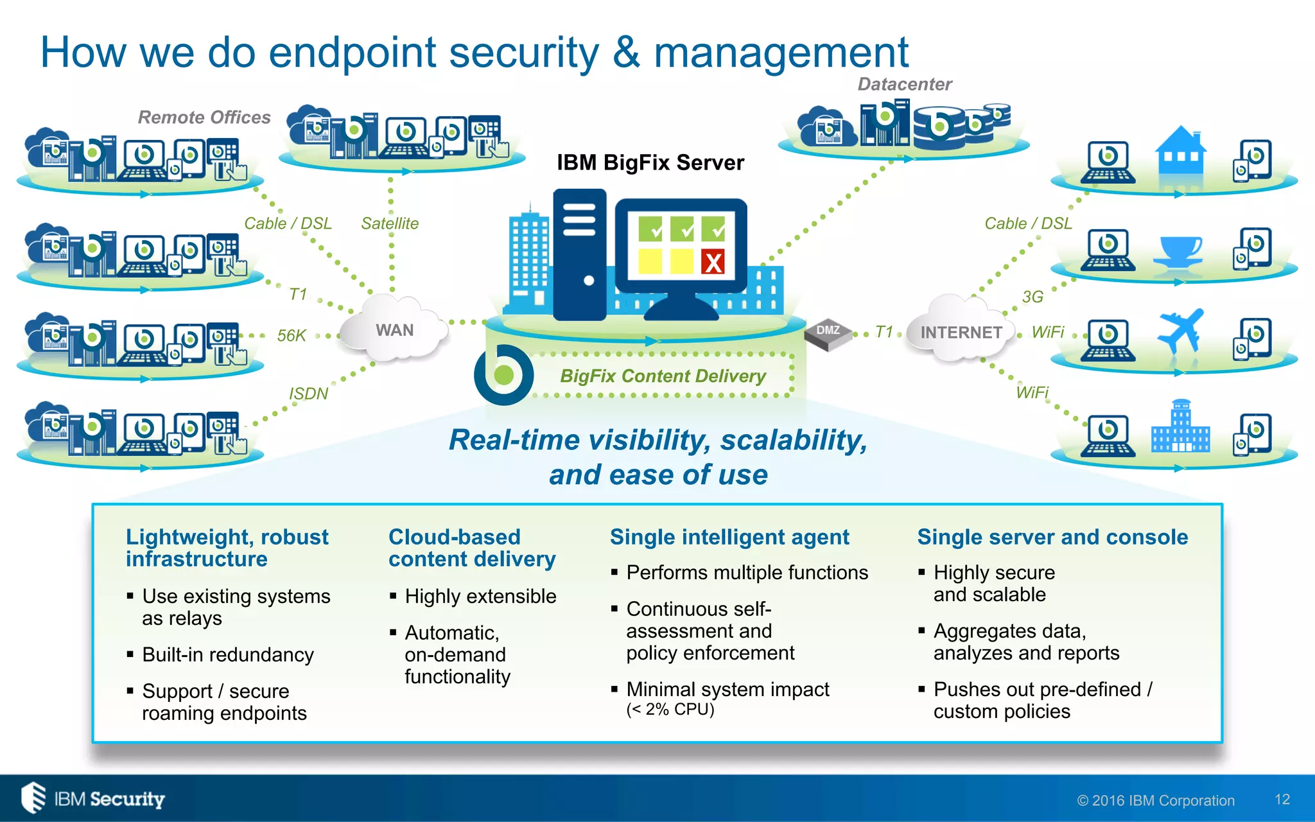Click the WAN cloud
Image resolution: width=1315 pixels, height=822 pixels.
394,329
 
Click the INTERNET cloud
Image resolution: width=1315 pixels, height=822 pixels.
961,331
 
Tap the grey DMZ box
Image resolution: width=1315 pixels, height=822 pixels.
828,332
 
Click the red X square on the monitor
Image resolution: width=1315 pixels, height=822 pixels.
713,262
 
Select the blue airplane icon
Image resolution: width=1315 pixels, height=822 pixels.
1180,331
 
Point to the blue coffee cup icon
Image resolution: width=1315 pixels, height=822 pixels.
1178,250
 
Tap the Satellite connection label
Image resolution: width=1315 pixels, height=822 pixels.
389,223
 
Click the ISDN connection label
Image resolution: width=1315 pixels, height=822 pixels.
308,393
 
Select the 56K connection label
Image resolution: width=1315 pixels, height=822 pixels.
291,335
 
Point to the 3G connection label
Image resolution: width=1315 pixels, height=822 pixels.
1032,297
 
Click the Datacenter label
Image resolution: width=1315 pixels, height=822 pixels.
904,84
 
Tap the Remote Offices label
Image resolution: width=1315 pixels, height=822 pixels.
204,118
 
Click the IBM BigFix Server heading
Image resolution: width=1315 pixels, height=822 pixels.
650,162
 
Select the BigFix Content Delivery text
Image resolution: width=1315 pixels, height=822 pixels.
663,376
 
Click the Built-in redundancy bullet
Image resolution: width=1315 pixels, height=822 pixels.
227,654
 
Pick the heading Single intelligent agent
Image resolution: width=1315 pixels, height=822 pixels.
729,537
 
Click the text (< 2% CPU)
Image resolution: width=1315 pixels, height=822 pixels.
670,710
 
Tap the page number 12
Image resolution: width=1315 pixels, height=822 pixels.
1282,799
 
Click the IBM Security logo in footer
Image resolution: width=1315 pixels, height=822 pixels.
93,798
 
